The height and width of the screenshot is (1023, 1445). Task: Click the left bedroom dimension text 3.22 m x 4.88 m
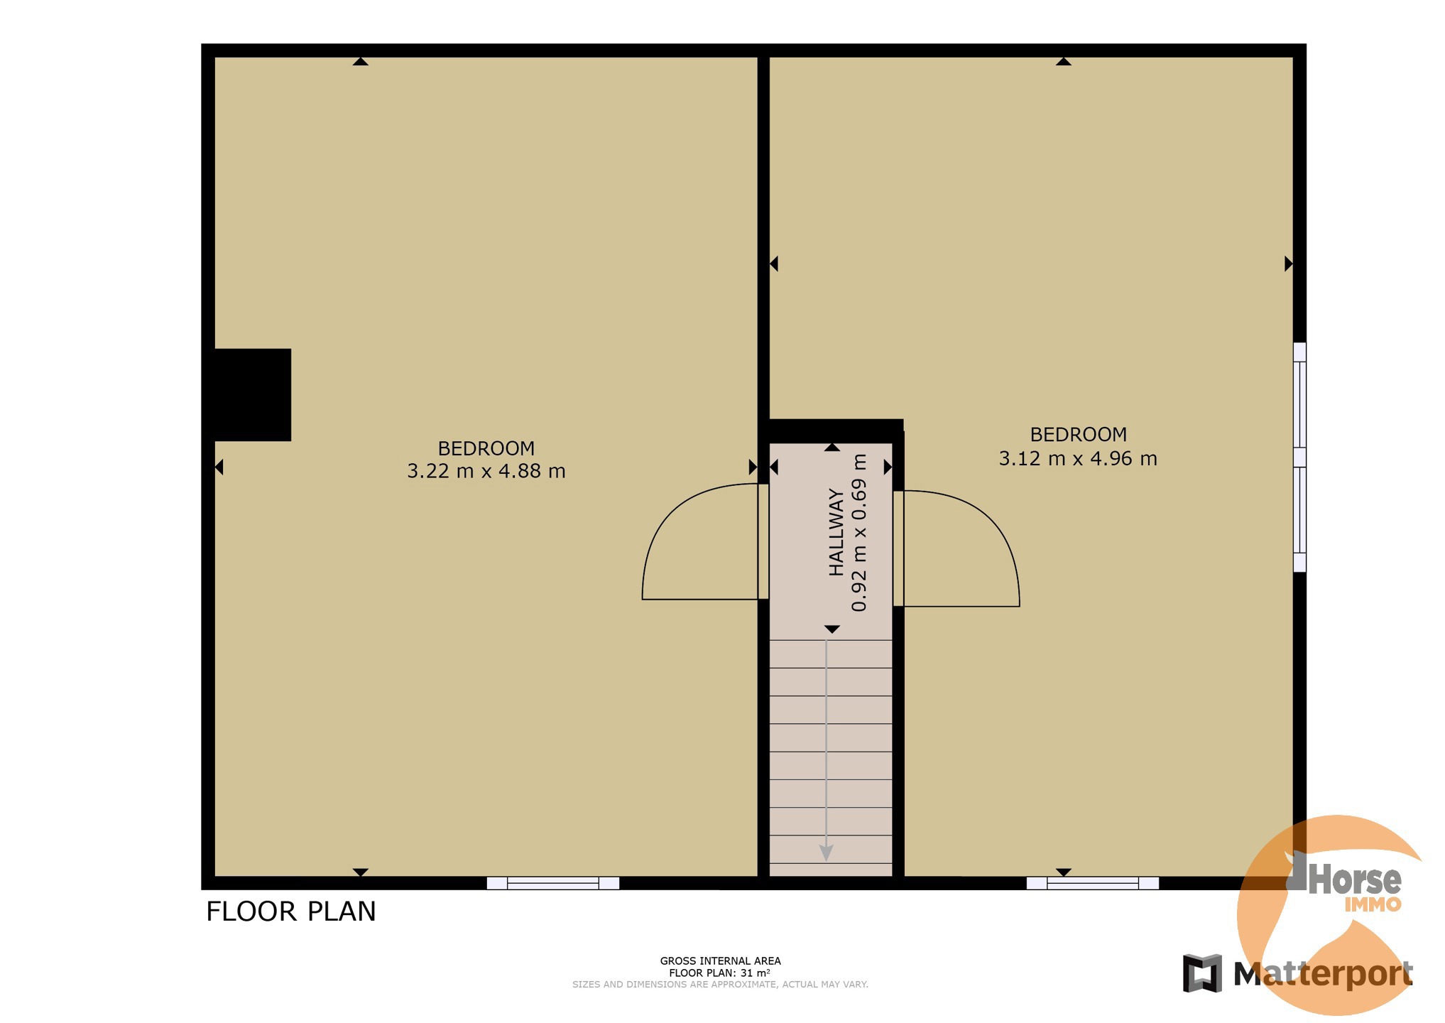point(486,471)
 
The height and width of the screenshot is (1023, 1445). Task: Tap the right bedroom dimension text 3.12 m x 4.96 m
point(1078,458)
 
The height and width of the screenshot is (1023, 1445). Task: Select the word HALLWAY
point(837,532)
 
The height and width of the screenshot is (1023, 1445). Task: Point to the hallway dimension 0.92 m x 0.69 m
point(859,533)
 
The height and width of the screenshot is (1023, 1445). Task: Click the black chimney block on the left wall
point(253,395)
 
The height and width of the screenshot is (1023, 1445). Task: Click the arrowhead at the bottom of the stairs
point(827,852)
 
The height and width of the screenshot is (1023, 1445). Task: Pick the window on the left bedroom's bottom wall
point(553,883)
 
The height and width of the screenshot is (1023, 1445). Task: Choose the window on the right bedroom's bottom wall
point(1093,883)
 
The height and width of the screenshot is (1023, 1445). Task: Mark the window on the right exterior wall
point(1299,457)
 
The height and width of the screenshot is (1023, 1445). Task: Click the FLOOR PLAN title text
point(291,911)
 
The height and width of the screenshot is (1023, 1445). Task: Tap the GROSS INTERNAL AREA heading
point(720,961)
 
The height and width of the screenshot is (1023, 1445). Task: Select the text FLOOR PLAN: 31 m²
point(720,973)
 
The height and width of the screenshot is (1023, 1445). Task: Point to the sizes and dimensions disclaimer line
point(720,985)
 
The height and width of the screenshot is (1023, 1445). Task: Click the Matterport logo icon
point(1202,973)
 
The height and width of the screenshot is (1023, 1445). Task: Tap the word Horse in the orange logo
point(1355,880)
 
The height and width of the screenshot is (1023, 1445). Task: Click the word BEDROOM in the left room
point(486,449)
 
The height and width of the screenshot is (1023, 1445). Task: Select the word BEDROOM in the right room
point(1079,435)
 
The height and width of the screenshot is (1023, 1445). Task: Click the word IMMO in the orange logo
point(1373,904)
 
